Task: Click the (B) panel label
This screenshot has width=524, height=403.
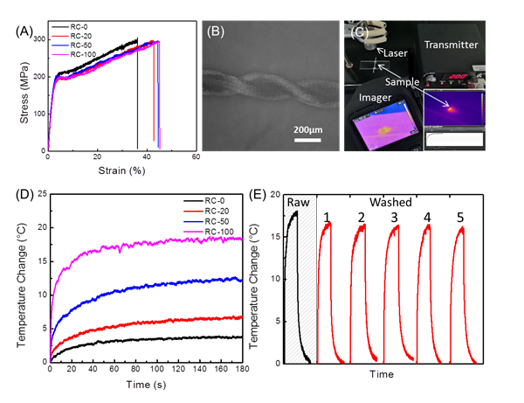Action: tap(216, 33)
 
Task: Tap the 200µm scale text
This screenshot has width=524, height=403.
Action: tap(306, 129)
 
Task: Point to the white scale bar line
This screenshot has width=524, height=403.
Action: tap(306, 140)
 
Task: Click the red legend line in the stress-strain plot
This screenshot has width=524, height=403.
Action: tap(60, 36)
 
